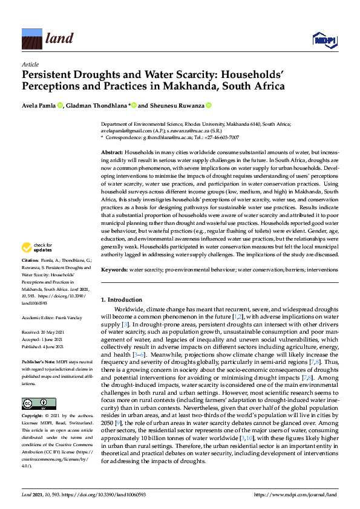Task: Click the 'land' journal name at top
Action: click(x=59, y=39)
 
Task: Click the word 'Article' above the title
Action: click(x=30, y=64)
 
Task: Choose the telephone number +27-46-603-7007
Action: click(x=223, y=138)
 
